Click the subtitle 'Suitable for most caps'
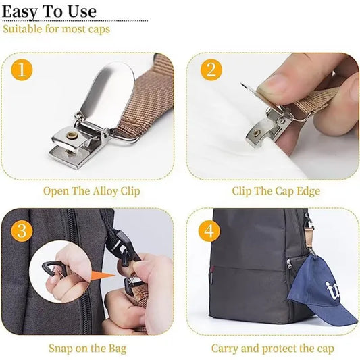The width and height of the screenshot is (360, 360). [56, 29]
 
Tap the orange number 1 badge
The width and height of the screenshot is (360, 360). [23, 70]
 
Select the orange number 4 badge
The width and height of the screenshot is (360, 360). [209, 231]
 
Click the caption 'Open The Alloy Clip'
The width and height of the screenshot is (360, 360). [92, 191]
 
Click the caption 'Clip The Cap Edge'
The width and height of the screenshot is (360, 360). [276, 191]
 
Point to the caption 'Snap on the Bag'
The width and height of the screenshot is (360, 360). [87, 349]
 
